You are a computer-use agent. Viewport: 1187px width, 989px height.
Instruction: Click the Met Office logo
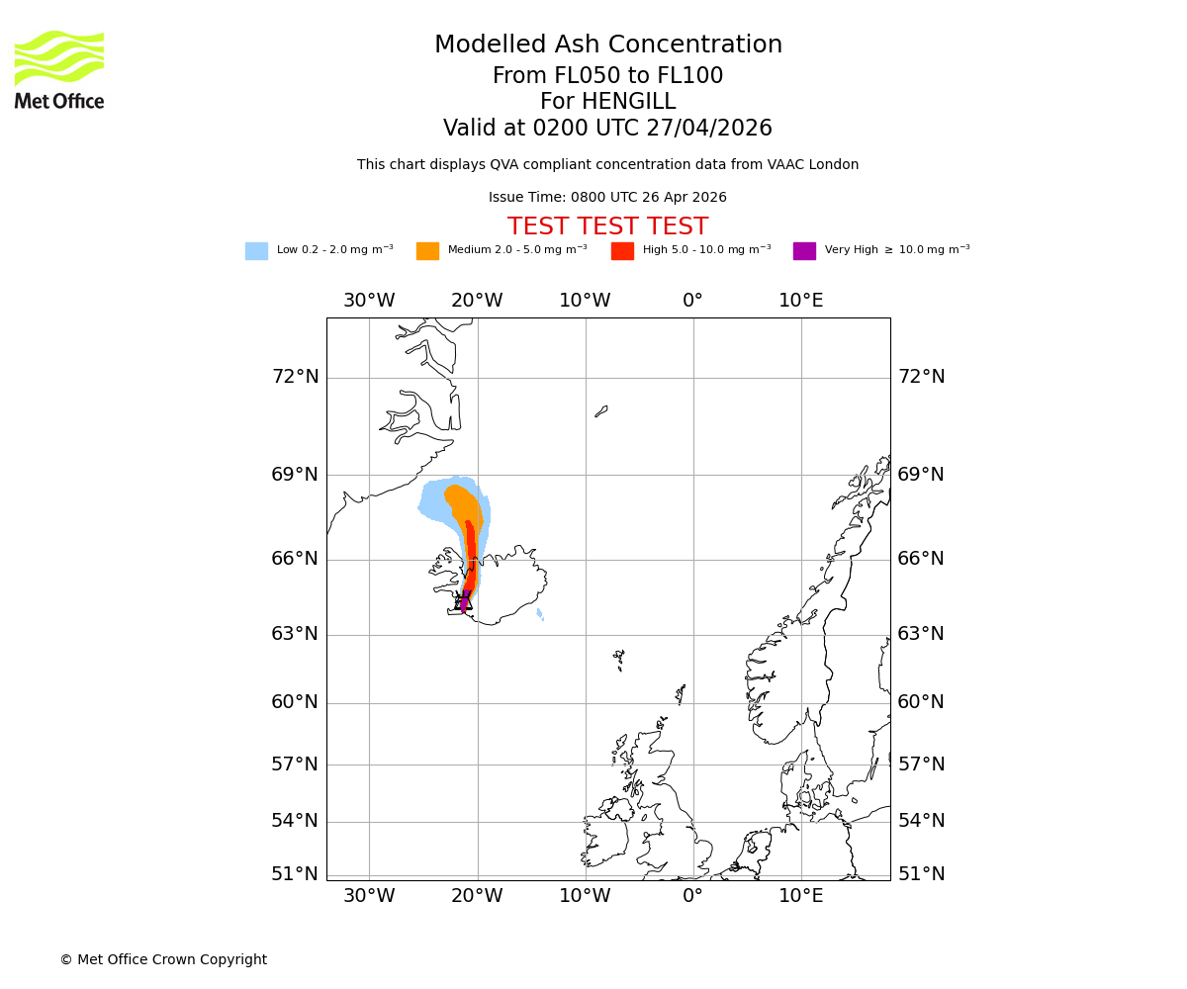coord(59,69)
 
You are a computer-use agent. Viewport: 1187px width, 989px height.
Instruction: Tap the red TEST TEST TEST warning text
coord(607,227)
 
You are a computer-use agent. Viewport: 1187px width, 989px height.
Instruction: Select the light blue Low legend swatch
coord(256,251)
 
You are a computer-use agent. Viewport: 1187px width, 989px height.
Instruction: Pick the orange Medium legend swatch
coord(427,251)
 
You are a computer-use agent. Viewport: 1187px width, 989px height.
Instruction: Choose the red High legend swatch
coord(622,251)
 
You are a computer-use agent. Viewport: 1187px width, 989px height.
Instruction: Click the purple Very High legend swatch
coord(804,251)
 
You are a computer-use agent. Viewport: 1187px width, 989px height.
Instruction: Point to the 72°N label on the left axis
coord(295,377)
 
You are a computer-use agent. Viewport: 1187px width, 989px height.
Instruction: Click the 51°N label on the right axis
coord(921,874)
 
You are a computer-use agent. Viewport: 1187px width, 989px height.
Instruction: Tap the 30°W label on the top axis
coord(369,301)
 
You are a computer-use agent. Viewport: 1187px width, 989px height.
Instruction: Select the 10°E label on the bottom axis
coord(800,896)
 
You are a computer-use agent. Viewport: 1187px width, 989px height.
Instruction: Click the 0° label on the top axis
coord(692,301)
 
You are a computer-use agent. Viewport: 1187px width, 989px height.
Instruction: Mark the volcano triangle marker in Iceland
coord(464,602)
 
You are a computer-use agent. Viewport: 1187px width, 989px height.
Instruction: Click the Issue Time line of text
coord(607,198)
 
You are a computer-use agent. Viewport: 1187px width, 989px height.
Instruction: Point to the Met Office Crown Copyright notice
coord(163,960)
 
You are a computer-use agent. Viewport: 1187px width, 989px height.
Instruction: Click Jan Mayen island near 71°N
coord(600,411)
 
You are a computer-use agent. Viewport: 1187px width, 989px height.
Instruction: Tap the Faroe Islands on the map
coord(618,657)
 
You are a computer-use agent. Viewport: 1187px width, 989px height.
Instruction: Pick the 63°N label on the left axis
coord(295,634)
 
